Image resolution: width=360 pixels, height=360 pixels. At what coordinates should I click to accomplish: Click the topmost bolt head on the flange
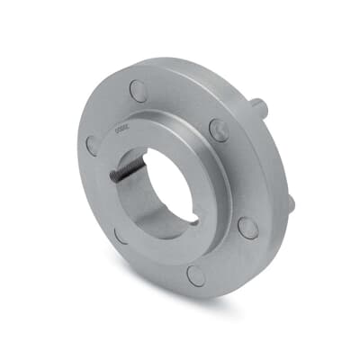[138, 89]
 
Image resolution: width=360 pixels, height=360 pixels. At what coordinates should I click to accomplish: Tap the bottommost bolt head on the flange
[195, 275]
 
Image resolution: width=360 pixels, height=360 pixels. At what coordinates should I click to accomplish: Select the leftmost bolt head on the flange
[92, 144]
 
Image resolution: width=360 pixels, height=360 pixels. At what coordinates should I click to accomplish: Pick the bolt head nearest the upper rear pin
[219, 130]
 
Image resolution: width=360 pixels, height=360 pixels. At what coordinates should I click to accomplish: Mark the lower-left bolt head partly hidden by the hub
[120, 236]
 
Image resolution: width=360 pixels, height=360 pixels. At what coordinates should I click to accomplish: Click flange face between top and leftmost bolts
[106, 112]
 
